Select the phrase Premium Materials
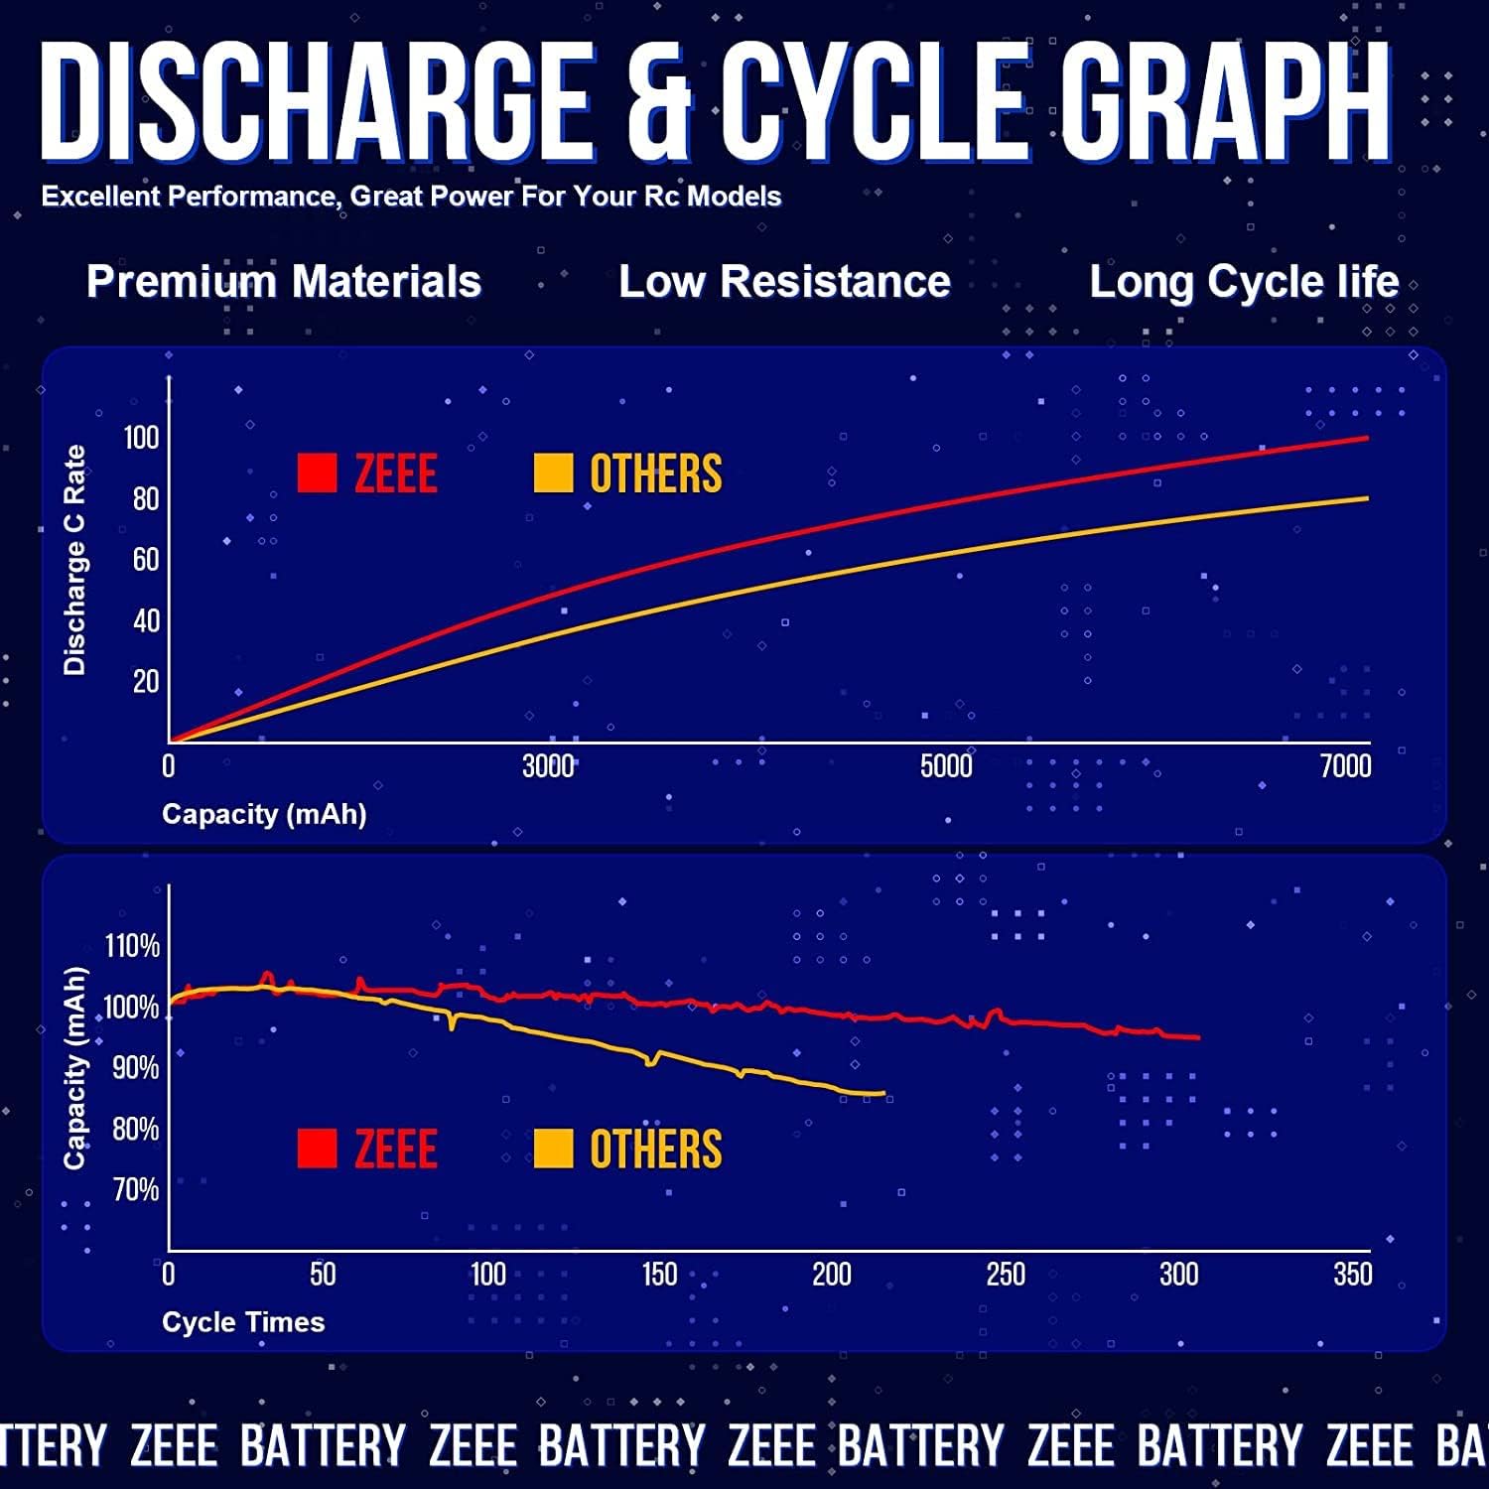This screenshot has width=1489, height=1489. pyautogui.click(x=284, y=282)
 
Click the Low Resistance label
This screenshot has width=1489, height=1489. pyautogui.click(x=784, y=282)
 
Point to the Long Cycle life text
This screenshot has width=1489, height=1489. pyautogui.click(x=1244, y=283)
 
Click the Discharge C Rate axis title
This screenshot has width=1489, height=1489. pyautogui.click(x=74, y=560)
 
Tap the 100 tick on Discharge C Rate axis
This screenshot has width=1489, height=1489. pyautogui.click(x=141, y=438)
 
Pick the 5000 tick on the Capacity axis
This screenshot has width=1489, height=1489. pyautogui.click(x=946, y=766)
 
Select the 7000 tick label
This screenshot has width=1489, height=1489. pyautogui.click(x=1345, y=766)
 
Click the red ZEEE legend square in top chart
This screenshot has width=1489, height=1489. pyautogui.click(x=318, y=474)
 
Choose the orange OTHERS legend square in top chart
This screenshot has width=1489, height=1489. pyautogui.click(x=553, y=474)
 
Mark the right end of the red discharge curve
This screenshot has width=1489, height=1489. pyautogui.click(x=1367, y=438)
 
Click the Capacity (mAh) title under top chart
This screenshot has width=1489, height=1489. pyautogui.click(x=264, y=815)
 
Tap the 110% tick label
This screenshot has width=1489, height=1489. pyautogui.click(x=132, y=946)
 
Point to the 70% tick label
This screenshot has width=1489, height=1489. pyautogui.click(x=135, y=1189)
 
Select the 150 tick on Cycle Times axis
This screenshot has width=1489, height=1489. pyautogui.click(x=659, y=1275)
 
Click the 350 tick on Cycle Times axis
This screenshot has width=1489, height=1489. pyautogui.click(x=1352, y=1275)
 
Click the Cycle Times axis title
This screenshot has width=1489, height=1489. pyautogui.click(x=243, y=1322)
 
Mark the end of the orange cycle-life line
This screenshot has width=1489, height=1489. pyautogui.click(x=883, y=1094)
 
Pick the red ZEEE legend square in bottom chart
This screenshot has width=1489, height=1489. pyautogui.click(x=318, y=1150)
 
